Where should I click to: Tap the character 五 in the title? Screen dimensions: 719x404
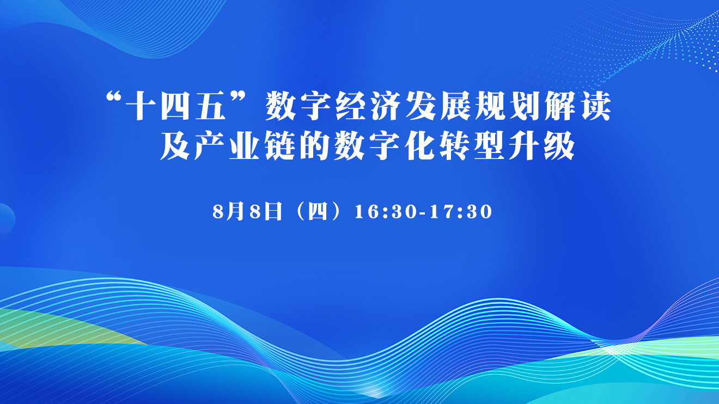[211, 106]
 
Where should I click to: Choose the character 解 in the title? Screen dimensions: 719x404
[560, 106]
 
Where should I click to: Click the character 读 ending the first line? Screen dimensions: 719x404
[596, 106]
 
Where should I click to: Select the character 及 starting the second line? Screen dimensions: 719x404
[175, 145]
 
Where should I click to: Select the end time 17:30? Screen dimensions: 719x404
[461, 212]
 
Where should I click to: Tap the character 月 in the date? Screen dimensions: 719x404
[236, 211]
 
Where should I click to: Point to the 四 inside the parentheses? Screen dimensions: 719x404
[318, 212]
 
